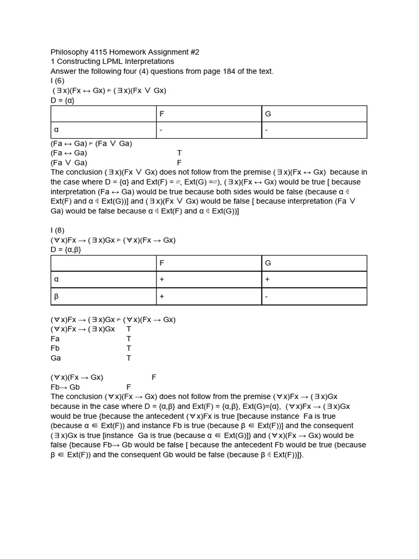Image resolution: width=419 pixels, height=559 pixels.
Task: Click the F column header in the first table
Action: [161, 114]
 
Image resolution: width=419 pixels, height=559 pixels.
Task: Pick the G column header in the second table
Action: [268, 263]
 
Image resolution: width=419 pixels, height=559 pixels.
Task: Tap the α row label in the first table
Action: [56, 130]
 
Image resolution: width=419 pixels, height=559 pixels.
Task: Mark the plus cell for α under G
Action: [267, 279]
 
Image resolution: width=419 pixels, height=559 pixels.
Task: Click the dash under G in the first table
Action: [267, 130]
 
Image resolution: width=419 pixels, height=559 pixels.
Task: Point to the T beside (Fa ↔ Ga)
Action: [179, 153]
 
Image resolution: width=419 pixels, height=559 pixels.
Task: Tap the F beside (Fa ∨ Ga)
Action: [179, 163]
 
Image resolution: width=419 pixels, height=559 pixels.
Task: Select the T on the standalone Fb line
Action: [129, 348]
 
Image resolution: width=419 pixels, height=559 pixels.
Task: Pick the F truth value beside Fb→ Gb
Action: [129, 387]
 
